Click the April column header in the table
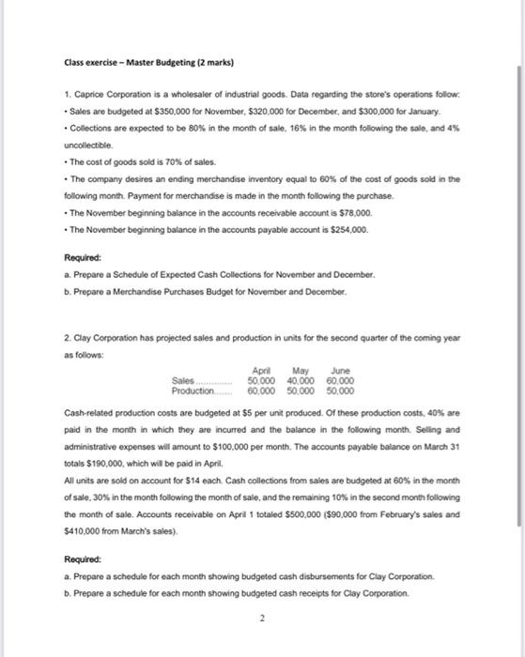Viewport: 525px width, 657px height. pos(263,370)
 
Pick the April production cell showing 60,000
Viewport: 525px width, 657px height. pos(262,390)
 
